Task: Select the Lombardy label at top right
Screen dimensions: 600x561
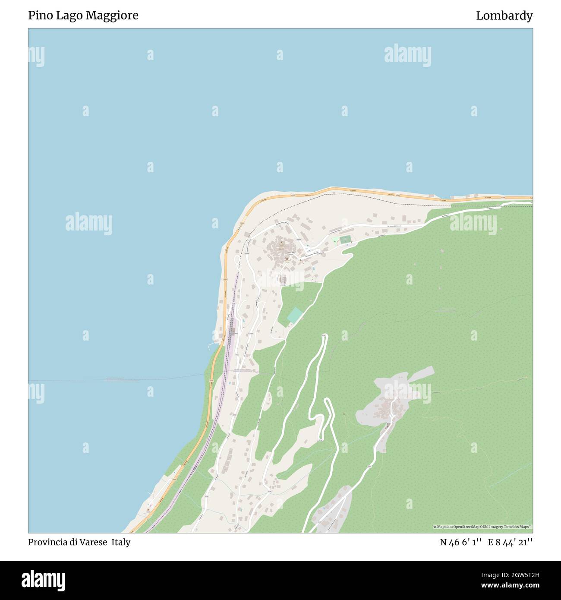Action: pyautogui.click(x=504, y=16)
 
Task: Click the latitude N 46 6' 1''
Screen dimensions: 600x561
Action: pyautogui.click(x=461, y=542)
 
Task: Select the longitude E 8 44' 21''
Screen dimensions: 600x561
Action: pyautogui.click(x=510, y=542)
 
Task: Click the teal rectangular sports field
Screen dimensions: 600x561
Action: pyautogui.click(x=295, y=315)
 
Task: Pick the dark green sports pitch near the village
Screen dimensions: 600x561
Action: pyautogui.click(x=345, y=239)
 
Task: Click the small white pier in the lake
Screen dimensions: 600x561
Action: pyautogui.click(x=211, y=345)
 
